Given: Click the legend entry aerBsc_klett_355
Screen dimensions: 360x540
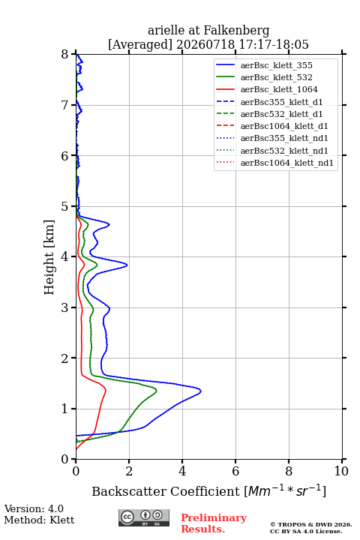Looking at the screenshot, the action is coord(264,65).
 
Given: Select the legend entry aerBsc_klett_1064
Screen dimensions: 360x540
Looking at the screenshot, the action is coord(267,89).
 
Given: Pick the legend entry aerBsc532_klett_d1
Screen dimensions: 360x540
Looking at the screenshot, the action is coord(269,114).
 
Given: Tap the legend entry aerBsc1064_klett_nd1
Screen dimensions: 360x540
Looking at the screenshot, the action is coord(274,163).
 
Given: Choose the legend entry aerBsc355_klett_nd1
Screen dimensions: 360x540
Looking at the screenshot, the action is coord(271,139).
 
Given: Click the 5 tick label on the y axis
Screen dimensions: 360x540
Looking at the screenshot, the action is coord(65,206).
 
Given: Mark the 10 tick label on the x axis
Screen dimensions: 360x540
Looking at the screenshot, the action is coord(341,471).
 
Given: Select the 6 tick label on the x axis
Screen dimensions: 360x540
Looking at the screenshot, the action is coord(235,471).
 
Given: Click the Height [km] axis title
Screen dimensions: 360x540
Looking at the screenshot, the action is coord(49,257).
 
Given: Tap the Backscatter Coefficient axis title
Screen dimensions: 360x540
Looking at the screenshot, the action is coord(208,490).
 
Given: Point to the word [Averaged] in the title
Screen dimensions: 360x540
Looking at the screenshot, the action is coord(140,45).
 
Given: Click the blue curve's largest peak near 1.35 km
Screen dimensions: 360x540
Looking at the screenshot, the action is coord(200,391).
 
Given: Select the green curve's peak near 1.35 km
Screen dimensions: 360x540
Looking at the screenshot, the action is coord(157,391).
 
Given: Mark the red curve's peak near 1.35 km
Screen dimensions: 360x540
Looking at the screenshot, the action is coord(106,390).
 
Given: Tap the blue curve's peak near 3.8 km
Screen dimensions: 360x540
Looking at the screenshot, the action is coord(127,265).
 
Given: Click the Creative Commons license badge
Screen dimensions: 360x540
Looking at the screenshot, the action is coord(144,518).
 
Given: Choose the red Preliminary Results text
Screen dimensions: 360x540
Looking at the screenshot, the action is coord(214,523).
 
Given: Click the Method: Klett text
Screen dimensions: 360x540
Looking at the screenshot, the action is coord(39,520).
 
